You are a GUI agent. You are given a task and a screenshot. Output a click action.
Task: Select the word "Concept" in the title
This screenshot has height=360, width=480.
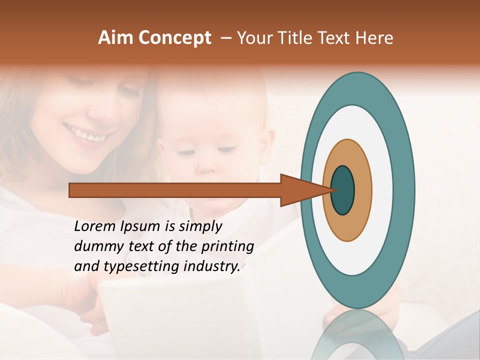(174, 38)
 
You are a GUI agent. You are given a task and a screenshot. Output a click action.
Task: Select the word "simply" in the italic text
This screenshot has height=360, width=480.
(200, 226)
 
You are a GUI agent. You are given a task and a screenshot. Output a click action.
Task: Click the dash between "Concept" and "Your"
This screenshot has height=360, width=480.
(225, 38)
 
